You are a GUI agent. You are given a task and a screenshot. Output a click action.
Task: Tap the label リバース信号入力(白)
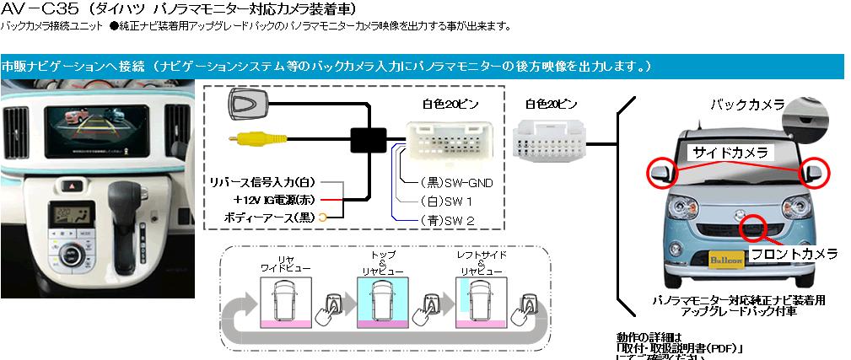265,182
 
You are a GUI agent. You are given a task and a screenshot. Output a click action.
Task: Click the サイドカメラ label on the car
730,153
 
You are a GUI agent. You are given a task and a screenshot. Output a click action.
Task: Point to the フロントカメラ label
794,253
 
